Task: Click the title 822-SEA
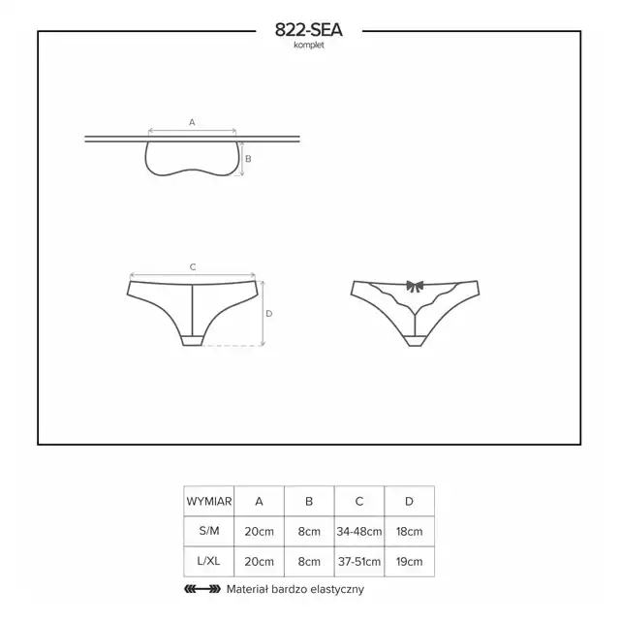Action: (x=309, y=30)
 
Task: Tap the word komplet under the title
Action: (x=309, y=46)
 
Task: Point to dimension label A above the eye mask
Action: (x=192, y=122)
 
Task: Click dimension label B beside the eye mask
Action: (x=248, y=159)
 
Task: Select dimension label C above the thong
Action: (x=193, y=267)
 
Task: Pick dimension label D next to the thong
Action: (x=269, y=314)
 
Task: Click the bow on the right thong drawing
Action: (x=415, y=286)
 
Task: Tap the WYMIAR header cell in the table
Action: (x=209, y=502)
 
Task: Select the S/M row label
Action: (x=209, y=531)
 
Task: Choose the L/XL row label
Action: (x=209, y=561)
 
